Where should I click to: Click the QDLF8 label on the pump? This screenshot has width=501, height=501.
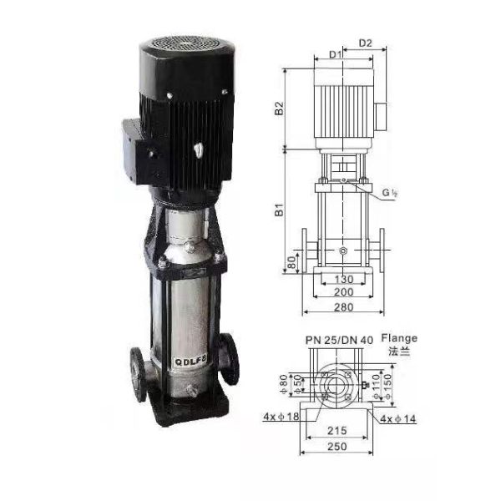click(x=190, y=361)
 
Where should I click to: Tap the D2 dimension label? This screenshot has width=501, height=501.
click(x=365, y=43)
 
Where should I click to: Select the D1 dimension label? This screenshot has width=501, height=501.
click(x=335, y=54)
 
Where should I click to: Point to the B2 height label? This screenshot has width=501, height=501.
click(x=279, y=108)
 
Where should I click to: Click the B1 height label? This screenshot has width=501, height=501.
click(x=279, y=210)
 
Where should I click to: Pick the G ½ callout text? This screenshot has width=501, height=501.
click(x=390, y=192)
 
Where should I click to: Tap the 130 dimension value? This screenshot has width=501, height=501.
click(x=344, y=279)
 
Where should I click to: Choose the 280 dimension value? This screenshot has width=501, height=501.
click(x=344, y=307)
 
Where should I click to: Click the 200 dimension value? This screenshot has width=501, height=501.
click(x=344, y=291)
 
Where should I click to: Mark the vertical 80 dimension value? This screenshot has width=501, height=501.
click(x=291, y=262)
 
